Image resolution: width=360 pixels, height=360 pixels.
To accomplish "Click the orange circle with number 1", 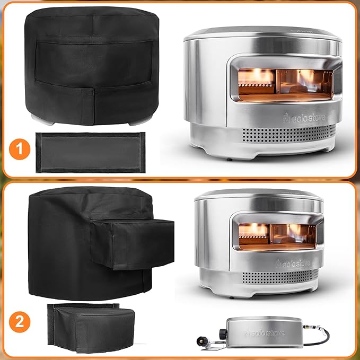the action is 20,149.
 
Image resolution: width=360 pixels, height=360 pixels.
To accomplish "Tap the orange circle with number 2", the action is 20,322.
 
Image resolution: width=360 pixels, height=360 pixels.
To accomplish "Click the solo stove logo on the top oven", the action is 304,118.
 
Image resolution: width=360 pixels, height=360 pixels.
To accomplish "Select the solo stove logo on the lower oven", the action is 293,264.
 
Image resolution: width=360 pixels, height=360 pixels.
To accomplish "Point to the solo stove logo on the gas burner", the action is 265,333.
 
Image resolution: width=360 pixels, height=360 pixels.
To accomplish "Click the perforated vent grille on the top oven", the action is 289,134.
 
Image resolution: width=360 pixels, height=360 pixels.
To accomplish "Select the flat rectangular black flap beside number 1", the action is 91,153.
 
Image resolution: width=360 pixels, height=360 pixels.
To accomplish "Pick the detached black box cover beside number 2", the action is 91,328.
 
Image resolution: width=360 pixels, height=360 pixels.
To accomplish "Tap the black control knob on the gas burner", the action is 223,334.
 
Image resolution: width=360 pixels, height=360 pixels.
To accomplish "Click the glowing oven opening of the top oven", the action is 286,85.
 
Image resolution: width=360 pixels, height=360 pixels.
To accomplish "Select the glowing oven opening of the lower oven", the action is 277,237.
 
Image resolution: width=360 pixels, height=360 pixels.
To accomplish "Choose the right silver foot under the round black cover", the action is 141,121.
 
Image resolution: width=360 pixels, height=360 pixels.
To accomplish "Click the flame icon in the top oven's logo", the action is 286,118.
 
